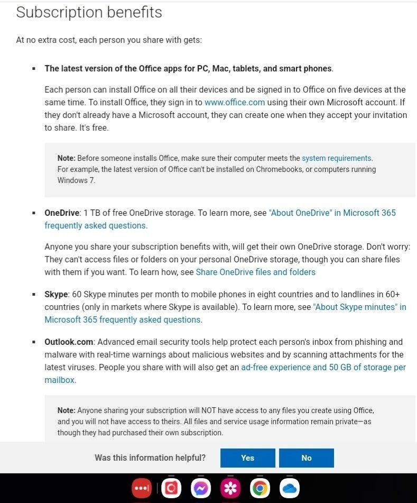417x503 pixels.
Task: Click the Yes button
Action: [247, 458]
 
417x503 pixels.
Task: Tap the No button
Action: [307, 458]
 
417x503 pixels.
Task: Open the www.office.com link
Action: [235, 103]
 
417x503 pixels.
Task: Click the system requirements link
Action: [337, 158]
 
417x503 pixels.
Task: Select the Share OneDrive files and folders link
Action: [255, 272]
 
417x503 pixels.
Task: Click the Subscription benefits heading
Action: [89, 12]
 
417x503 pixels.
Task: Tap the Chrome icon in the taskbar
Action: [260, 488]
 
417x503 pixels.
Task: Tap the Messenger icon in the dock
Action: [200, 488]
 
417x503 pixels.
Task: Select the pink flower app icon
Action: [230, 488]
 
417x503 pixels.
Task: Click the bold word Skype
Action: [56, 294]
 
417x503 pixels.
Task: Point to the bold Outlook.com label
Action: [69, 342]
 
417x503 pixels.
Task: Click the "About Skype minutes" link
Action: [359, 307]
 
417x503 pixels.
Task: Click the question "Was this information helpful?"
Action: [150, 458]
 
